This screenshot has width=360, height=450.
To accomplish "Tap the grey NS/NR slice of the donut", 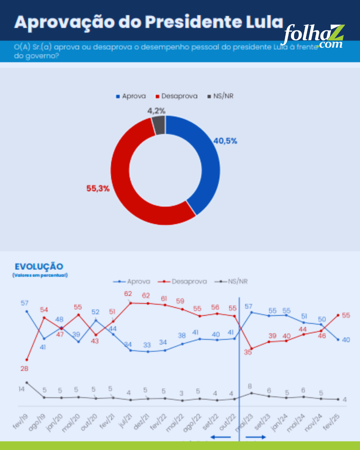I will tap(159, 125).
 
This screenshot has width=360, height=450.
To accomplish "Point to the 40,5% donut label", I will tap(225, 141).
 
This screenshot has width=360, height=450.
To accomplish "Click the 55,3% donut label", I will tap(98, 189).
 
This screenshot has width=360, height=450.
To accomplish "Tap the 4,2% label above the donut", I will tap(156, 111).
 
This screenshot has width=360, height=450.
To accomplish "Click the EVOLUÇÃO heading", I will tap(39, 267).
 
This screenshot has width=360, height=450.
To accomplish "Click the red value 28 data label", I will tap(24, 369).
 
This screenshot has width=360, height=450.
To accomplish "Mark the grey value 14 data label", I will tap(21, 389).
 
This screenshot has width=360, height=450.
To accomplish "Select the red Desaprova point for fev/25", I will tap(338, 315).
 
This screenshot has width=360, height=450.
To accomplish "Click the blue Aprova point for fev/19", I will tap(27, 311).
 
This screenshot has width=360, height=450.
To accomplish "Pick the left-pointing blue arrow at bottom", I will tap(221, 437).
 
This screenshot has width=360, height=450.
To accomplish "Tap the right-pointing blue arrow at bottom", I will tap(256, 437).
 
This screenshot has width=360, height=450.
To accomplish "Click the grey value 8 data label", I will tap(250, 386).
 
